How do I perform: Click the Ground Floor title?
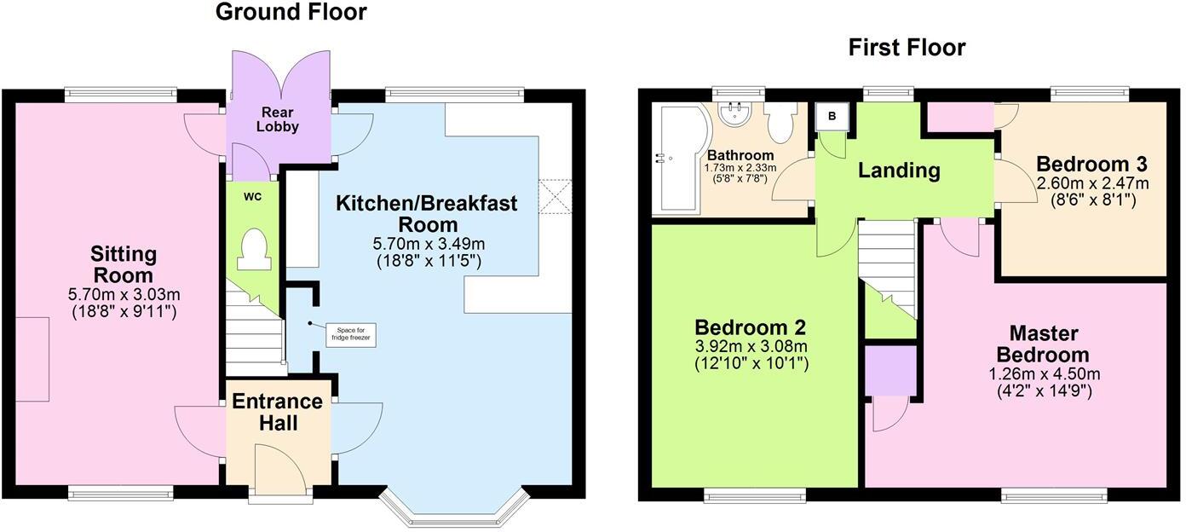pos(291,12)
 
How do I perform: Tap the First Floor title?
pos(907,48)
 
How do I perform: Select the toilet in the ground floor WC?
pos(253,250)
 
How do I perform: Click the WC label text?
pos(252,197)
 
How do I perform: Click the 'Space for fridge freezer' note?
pos(351,334)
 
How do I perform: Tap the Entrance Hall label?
pos(278,411)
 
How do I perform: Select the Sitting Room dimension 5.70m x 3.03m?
pos(124,295)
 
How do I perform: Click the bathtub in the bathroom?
pos(675,159)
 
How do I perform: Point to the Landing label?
pos(898,171)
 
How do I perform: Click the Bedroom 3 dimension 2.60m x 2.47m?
pos(1091,183)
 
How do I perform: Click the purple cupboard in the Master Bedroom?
pos(890,370)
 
